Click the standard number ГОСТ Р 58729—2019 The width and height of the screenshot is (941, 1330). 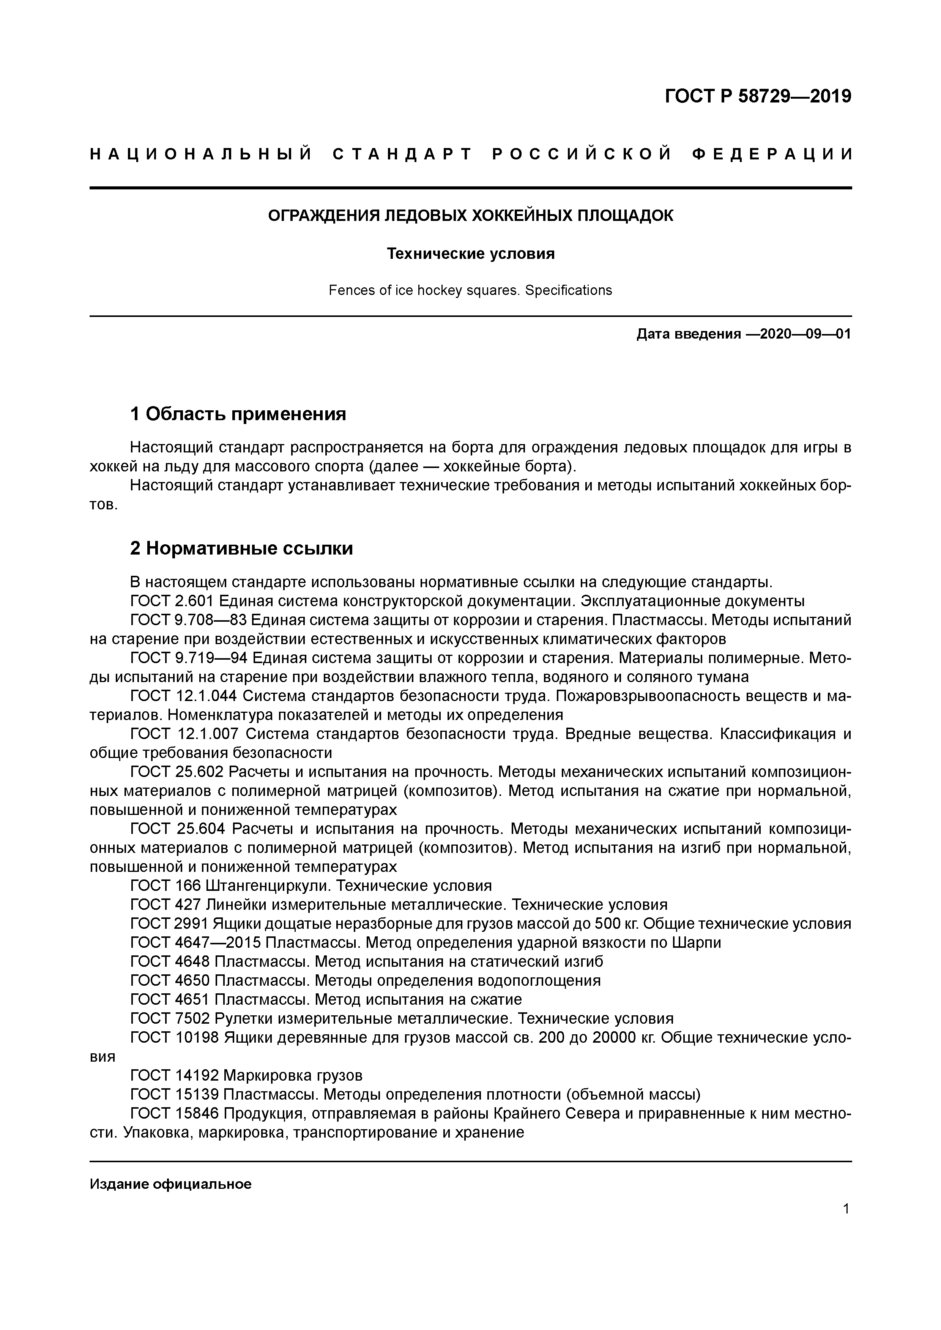point(758,96)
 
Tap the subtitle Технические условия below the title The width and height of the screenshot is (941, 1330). point(471,254)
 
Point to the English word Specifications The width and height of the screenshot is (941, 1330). point(568,290)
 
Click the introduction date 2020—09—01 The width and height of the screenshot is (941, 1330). point(805,334)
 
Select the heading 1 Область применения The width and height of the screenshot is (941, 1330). point(238,414)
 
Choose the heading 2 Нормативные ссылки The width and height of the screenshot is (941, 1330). point(242,548)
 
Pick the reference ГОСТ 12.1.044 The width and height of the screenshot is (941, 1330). point(184,696)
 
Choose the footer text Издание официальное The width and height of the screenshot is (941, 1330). point(170,1184)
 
